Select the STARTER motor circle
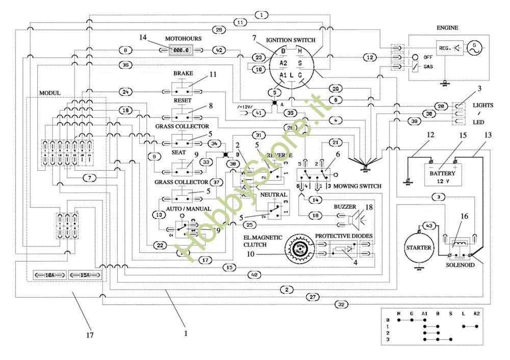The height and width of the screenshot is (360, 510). point(418,248)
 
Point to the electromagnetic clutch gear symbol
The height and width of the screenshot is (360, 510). point(300,247)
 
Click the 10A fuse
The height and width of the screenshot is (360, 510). point(50,275)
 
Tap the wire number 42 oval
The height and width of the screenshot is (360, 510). point(218,50)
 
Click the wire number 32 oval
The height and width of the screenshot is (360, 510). point(341,304)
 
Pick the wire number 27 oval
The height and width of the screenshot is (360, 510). point(314,296)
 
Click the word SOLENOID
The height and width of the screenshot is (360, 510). point(461,265)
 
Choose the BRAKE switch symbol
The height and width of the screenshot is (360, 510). point(183,91)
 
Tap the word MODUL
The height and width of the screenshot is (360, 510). point(49,93)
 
